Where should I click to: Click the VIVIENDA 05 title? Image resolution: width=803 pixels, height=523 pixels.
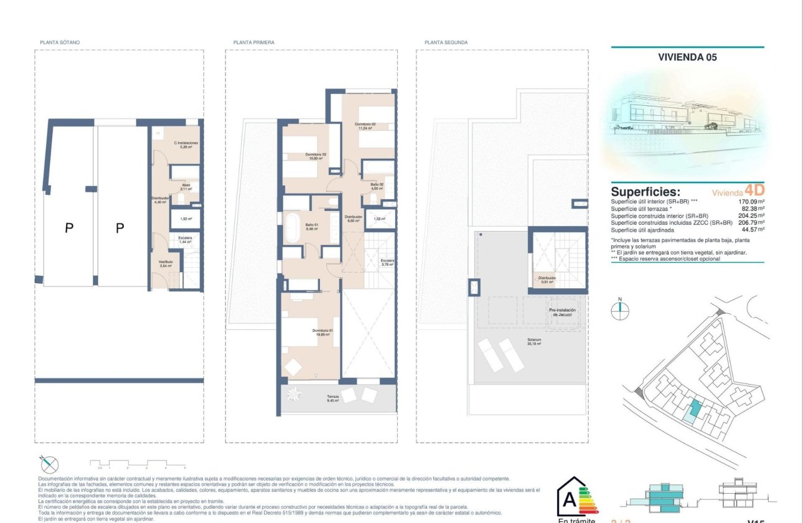(x=687, y=57)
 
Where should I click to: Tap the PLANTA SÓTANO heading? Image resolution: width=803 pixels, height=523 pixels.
(x=60, y=42)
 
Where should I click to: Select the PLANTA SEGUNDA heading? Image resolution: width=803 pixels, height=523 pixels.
(x=446, y=42)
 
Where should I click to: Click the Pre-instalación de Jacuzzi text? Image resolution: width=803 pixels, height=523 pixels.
(x=562, y=313)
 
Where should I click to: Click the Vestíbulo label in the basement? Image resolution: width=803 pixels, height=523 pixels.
(x=166, y=263)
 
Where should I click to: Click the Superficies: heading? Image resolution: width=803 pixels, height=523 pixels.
(x=646, y=192)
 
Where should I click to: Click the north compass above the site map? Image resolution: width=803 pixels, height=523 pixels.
(x=620, y=310)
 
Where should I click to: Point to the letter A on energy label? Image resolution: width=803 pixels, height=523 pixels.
(x=569, y=501)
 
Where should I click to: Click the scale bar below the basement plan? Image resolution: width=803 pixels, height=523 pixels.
(x=138, y=463)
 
